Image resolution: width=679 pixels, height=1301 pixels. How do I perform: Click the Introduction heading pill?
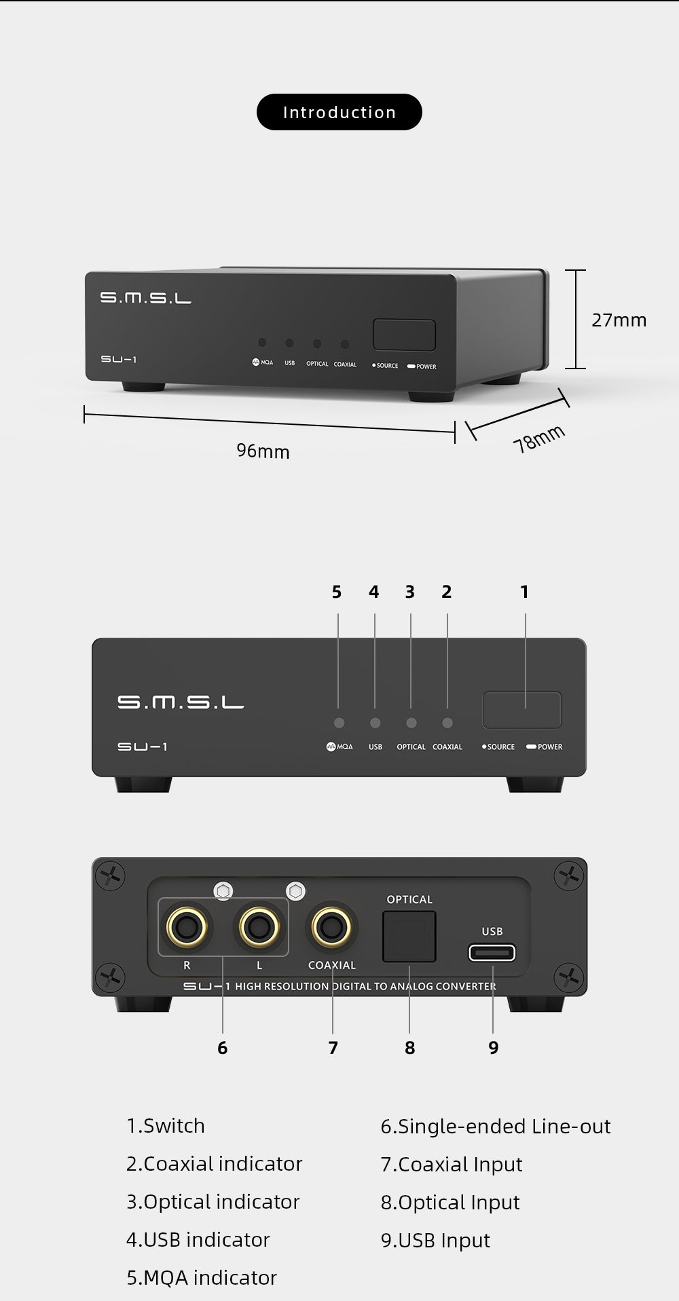tap(339, 112)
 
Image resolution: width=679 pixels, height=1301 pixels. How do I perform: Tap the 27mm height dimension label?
tap(619, 320)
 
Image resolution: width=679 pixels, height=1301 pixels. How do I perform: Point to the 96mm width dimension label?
tap(263, 451)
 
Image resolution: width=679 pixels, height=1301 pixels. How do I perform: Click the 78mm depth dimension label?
tap(539, 438)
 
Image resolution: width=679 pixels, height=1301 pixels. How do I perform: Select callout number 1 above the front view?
tap(524, 592)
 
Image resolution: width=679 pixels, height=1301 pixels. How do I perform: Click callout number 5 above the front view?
tap(337, 592)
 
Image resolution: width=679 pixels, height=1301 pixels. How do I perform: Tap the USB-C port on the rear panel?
tap(492, 953)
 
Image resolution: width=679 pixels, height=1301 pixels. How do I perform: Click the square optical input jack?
tap(409, 937)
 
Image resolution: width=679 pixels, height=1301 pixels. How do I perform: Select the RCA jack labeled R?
tap(187, 926)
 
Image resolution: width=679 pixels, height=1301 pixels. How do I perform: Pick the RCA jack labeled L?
tap(258, 926)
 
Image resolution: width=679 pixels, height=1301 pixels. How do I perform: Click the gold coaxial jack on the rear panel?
tap(331, 926)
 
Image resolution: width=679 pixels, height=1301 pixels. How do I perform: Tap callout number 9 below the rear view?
tap(494, 1048)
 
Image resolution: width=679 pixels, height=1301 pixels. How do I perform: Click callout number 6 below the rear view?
tap(222, 1048)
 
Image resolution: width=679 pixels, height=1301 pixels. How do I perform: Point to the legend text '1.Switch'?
tap(166, 1126)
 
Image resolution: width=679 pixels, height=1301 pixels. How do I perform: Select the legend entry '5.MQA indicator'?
tap(202, 1278)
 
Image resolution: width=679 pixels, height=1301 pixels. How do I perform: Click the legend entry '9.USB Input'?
tap(435, 1241)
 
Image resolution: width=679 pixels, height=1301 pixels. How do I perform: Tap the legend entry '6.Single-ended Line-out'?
tap(496, 1127)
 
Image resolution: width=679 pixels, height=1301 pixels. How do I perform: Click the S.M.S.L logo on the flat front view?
tap(181, 702)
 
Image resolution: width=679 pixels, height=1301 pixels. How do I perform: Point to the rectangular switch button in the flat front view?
tap(522, 710)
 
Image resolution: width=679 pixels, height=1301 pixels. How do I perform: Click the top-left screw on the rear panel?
tap(110, 875)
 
